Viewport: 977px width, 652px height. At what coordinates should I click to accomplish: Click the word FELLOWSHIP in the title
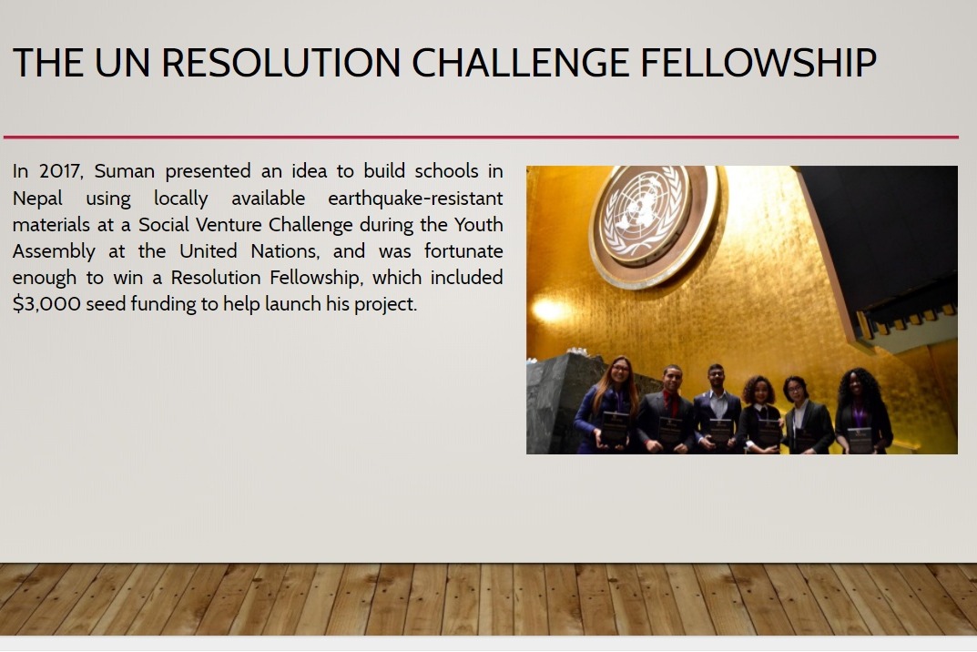[x=758, y=62]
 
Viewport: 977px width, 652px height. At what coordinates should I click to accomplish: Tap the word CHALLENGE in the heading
[x=520, y=62]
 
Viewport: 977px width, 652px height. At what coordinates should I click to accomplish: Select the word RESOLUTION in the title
[x=280, y=62]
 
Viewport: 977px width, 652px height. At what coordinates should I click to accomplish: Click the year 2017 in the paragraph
[x=60, y=171]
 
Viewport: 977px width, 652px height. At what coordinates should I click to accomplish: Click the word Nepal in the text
[x=37, y=199]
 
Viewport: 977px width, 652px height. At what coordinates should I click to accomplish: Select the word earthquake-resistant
[x=415, y=199]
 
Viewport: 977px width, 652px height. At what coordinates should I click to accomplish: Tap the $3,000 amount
[x=46, y=304]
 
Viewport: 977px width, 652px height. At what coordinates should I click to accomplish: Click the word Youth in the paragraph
[x=479, y=224]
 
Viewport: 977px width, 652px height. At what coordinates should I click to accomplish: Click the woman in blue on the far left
[x=610, y=404]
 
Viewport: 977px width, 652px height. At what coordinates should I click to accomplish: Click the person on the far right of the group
[x=862, y=411]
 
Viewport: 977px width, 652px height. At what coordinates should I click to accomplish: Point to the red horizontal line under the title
[x=481, y=138]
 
